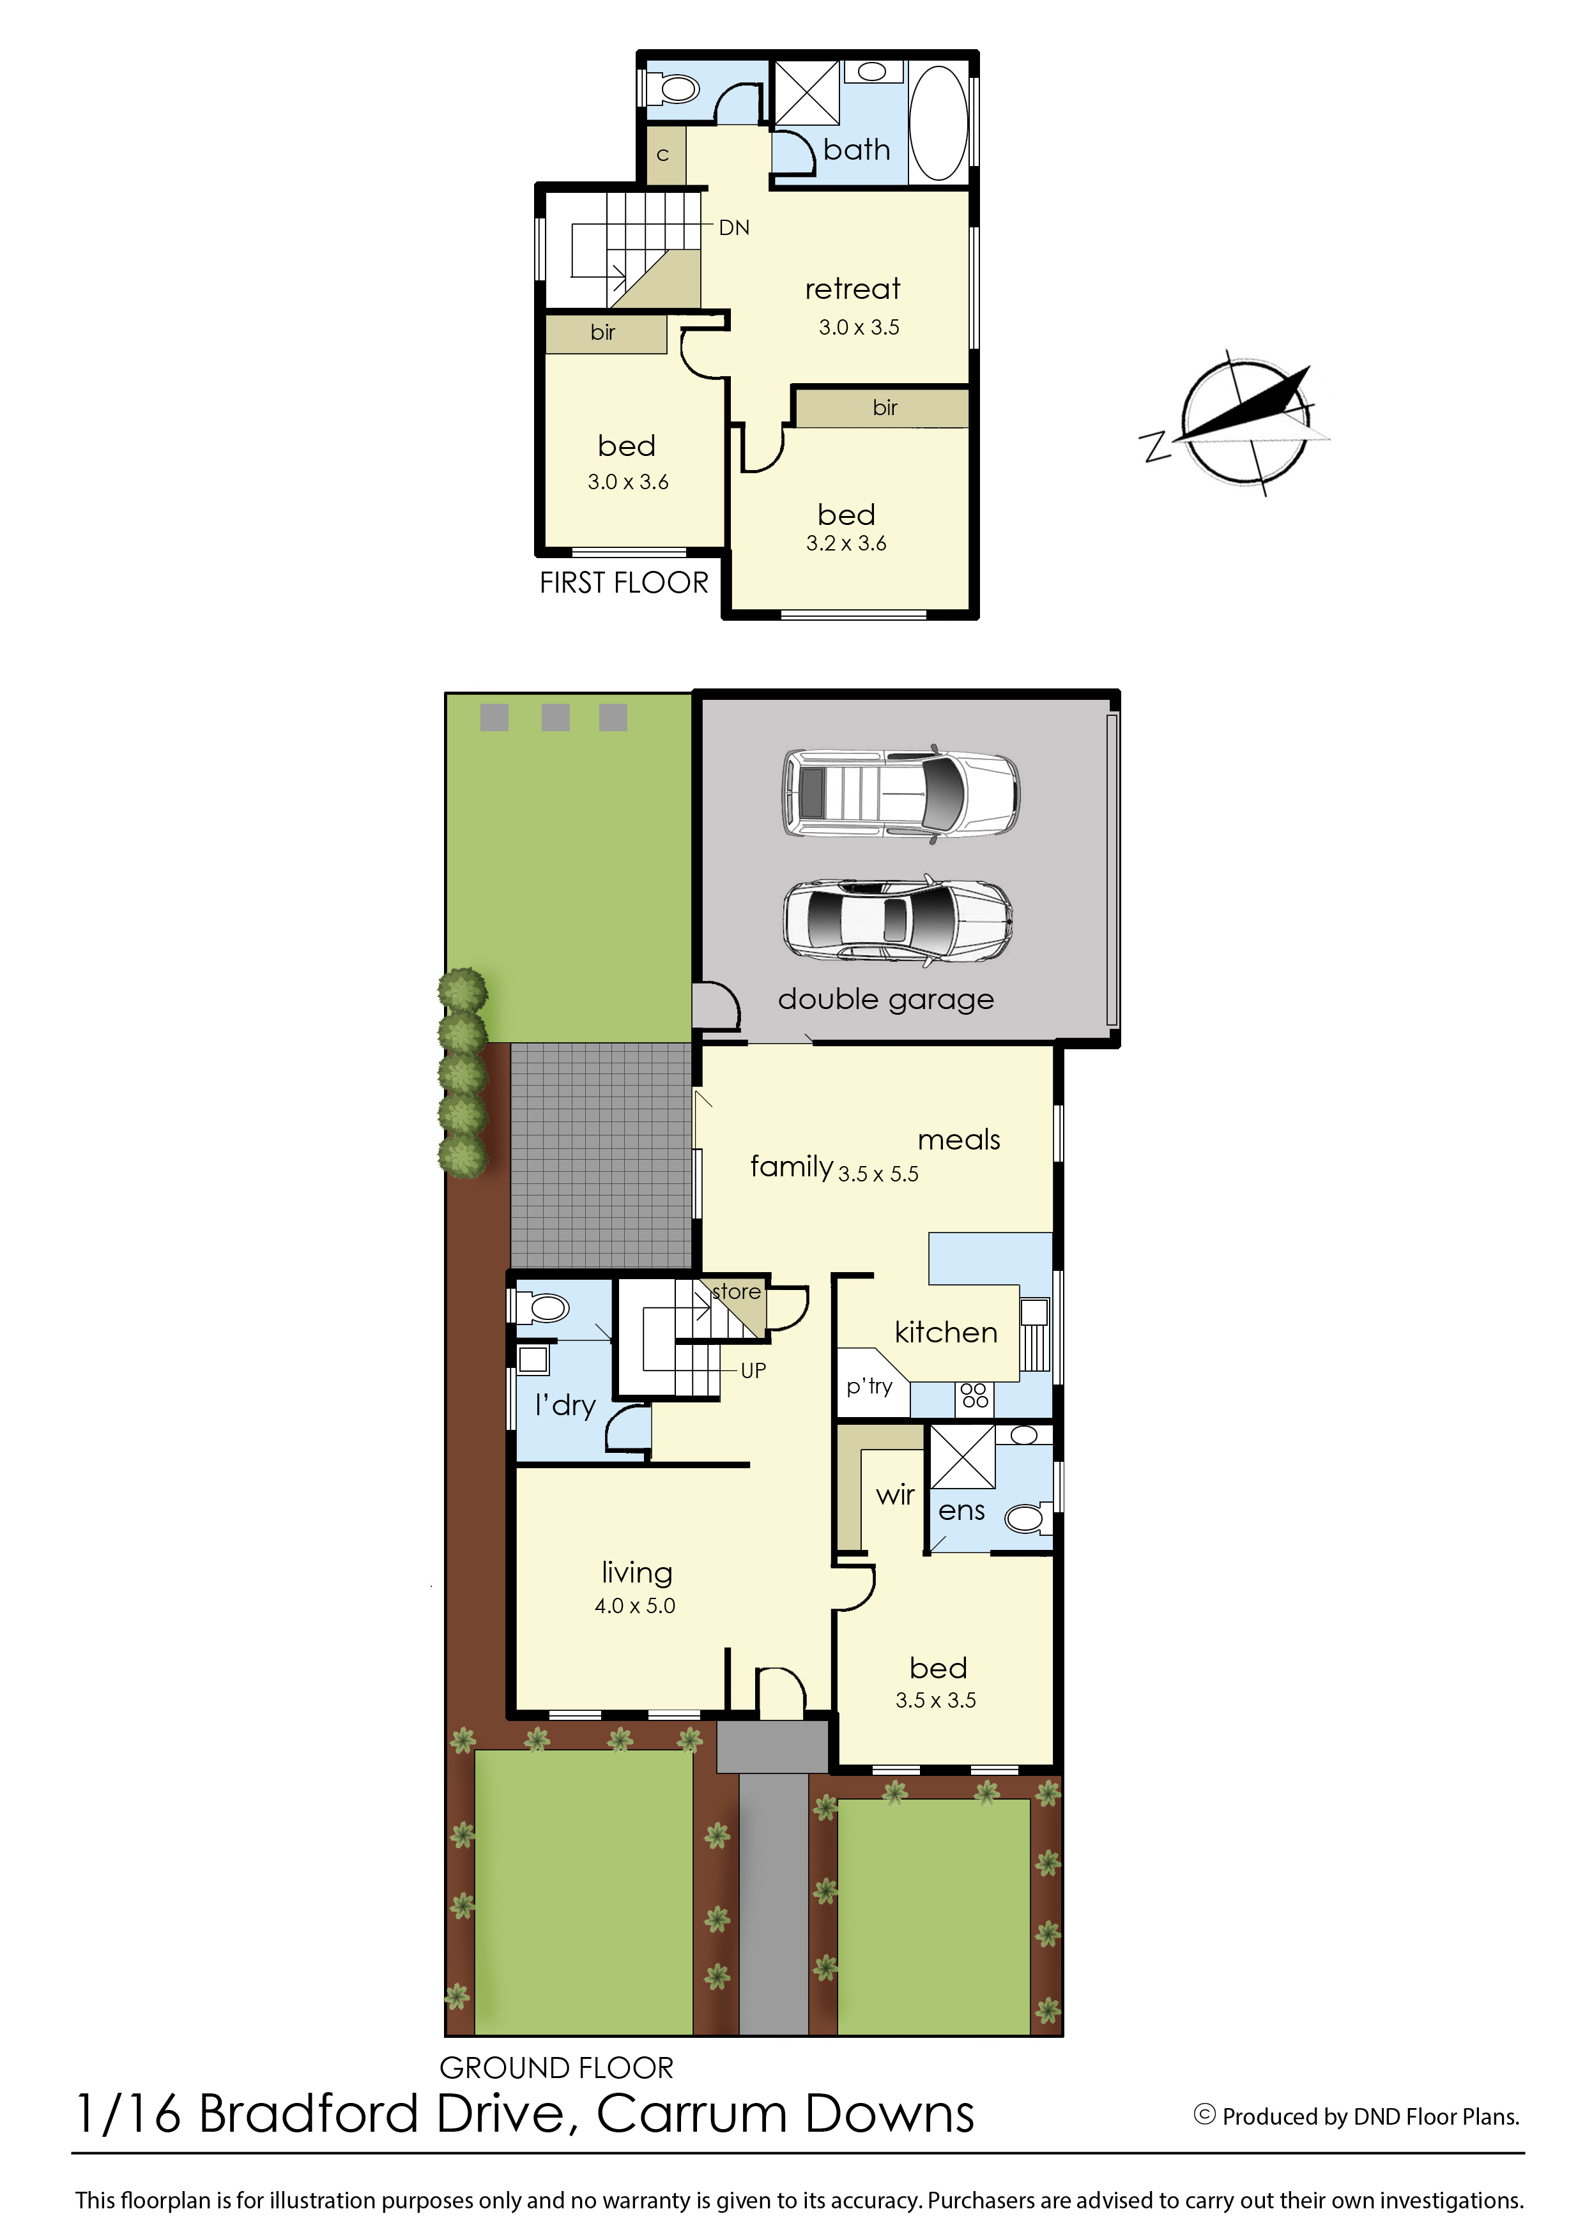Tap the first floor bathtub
938,123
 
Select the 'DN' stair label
734,227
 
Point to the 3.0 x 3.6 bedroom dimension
627,482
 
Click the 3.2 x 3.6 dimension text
846,543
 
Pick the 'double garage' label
885,999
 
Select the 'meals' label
958,1139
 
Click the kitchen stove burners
974,1395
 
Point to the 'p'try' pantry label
869,1386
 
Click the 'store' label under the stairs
737,1292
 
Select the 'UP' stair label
753,1370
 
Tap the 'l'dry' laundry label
565,1405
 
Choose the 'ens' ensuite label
961,1511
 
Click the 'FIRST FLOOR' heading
624,582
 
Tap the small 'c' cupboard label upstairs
662,155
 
